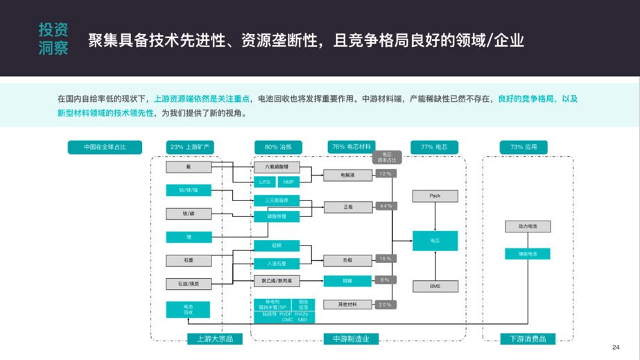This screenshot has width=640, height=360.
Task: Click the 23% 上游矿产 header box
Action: click(189, 147)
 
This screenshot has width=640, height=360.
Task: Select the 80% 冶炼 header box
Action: click(277, 147)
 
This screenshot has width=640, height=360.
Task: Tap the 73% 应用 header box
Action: click(524, 147)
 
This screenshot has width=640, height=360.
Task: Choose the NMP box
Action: click(288, 182)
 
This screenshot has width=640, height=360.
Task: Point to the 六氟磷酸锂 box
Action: click(277, 167)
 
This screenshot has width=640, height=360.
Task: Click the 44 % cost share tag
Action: click(386, 206)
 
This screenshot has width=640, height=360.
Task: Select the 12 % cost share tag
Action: click(386, 173)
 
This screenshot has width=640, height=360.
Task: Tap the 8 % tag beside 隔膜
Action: click(386, 280)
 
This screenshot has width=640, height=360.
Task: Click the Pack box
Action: click(435, 196)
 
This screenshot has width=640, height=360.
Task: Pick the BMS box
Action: click(435, 286)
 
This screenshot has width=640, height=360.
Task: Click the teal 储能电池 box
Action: click(527, 254)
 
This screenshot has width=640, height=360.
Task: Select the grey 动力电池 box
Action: click(527, 227)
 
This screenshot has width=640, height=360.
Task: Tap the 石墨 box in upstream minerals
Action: click(189, 260)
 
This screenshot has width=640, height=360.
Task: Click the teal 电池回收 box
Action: click(189, 309)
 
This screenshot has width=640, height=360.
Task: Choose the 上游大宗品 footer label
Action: click(210, 338)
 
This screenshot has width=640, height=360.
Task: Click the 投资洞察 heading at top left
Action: click(53, 39)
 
